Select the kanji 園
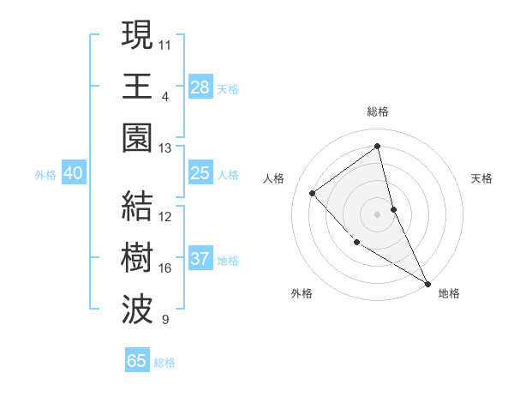tap(138, 137)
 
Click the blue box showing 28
tap(200, 87)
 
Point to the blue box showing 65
tap(137, 361)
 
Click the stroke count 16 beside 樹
tap(165, 268)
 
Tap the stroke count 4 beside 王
tap(164, 96)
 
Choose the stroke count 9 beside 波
tap(164, 320)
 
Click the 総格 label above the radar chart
tap(378, 111)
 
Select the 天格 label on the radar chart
tap(482, 178)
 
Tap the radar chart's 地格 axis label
tap(449, 293)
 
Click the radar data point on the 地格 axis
tap(427, 283)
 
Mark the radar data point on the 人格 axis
tap(313, 193)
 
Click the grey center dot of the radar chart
tap(378, 214)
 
